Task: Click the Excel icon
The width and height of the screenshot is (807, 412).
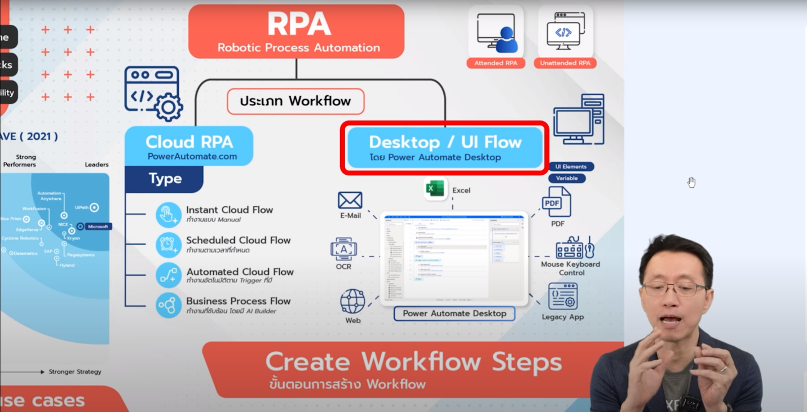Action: pyautogui.click(x=435, y=189)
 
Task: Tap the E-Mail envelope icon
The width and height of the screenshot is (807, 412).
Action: pyautogui.click(x=350, y=201)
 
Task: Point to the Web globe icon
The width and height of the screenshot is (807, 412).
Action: pyautogui.click(x=353, y=302)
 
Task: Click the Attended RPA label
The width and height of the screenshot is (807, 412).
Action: pyautogui.click(x=496, y=63)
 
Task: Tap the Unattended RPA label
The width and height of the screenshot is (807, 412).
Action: pyautogui.click(x=565, y=63)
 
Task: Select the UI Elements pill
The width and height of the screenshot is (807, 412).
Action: pyautogui.click(x=571, y=167)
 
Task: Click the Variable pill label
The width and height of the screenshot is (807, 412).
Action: pyautogui.click(x=567, y=178)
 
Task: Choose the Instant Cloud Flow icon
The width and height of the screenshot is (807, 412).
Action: pyautogui.click(x=168, y=215)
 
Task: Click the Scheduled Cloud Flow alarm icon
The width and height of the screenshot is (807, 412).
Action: pyautogui.click(x=168, y=245)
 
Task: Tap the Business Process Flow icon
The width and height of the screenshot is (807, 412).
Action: pyautogui.click(x=168, y=305)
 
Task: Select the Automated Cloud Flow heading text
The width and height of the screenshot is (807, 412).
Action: pyautogui.click(x=240, y=272)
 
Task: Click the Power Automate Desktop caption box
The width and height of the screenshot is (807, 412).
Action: pyautogui.click(x=454, y=314)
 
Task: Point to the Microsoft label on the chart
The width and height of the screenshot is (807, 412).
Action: pyautogui.click(x=98, y=227)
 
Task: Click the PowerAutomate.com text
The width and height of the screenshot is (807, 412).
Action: pyautogui.click(x=192, y=157)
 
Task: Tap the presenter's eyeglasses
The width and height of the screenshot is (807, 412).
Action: pyautogui.click(x=674, y=290)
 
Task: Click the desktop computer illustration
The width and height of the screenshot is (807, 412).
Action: pyautogui.click(x=579, y=120)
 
